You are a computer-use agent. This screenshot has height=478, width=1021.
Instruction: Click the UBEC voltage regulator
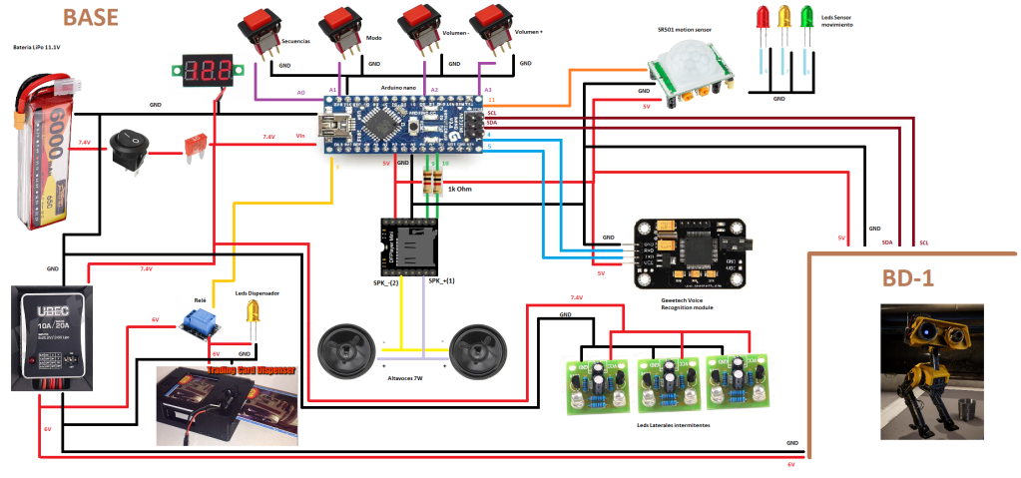pyautogui.click(x=53, y=339)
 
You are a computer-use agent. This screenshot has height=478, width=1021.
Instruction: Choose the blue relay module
pyautogui.click(x=204, y=322)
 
